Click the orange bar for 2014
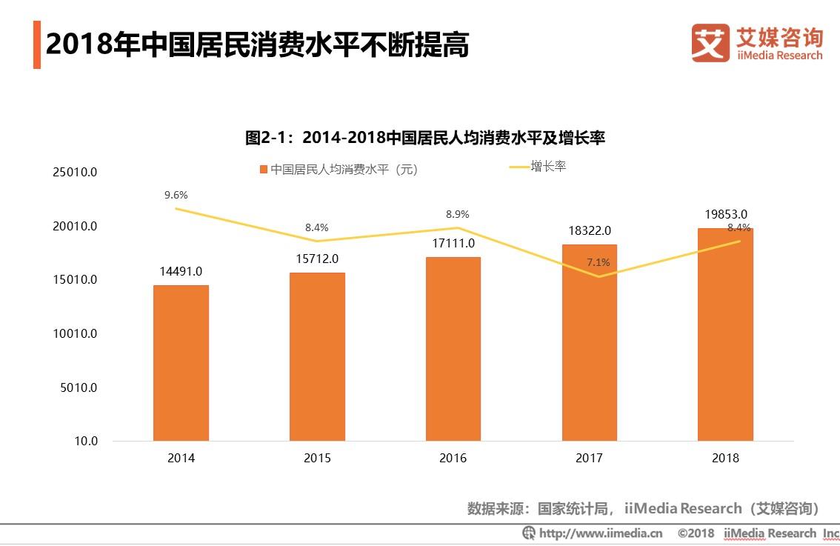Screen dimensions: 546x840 tap(181, 363)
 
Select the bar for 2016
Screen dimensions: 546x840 tap(453, 349)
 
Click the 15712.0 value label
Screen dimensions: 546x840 tap(317, 259)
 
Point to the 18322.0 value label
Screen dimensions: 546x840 tap(590, 230)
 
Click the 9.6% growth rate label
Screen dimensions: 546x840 tap(176, 195)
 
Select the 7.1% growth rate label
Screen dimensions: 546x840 tap(599, 262)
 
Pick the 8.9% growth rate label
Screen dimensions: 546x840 tap(457, 214)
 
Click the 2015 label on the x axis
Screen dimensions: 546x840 tap(317, 459)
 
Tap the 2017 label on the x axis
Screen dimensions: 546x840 tap(589, 459)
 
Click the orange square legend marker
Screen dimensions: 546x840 tap(263, 170)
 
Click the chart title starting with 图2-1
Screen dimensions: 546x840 tap(425, 138)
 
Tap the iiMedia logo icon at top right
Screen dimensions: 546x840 tap(709, 43)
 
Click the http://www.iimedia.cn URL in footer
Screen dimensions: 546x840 tap(600, 533)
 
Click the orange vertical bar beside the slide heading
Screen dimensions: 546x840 tap(36, 45)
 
